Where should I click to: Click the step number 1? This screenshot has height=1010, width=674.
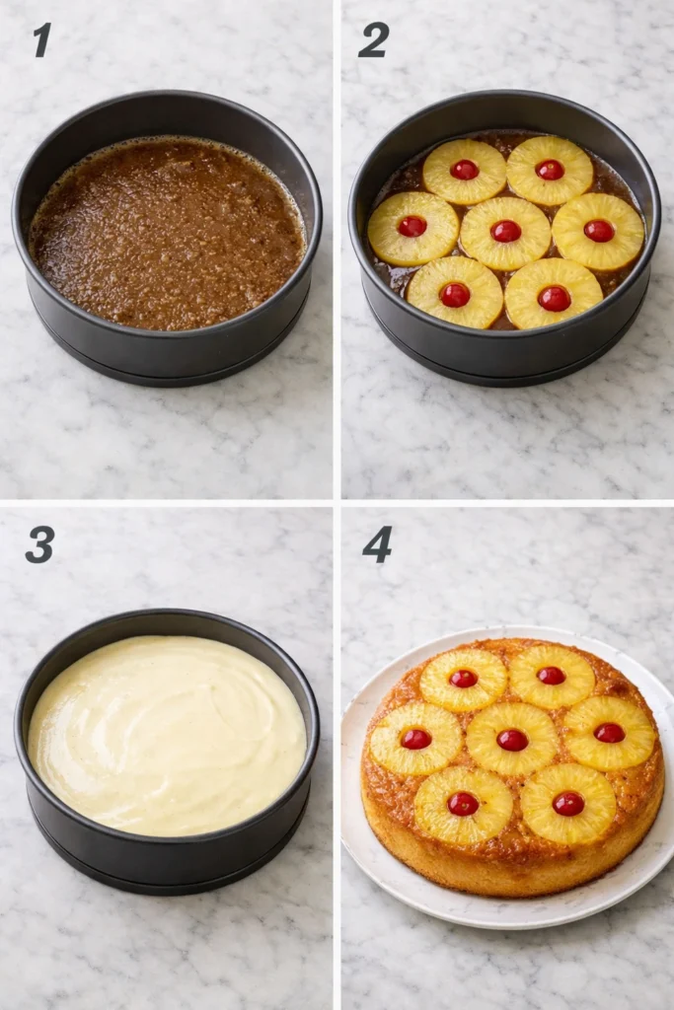41,39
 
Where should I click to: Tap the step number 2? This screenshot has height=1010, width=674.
373,39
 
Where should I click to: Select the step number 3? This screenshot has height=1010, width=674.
39,543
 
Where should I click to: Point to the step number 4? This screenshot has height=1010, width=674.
377,544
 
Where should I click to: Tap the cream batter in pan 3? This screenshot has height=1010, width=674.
166,735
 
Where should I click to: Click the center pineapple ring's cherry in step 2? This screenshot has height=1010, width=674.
506,231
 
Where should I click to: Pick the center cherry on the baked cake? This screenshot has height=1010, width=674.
512,740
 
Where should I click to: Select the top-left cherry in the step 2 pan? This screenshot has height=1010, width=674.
465,170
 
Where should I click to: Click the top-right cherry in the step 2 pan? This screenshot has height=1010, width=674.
550,170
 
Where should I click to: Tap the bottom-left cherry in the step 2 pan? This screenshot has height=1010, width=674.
455,294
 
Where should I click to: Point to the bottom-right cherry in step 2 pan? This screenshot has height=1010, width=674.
554,297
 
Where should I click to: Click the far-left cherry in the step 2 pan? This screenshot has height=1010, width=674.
412,226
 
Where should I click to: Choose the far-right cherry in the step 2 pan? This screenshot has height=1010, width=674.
599,231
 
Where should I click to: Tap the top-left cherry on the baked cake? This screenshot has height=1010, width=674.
464,678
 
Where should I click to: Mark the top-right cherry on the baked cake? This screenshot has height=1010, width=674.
552,676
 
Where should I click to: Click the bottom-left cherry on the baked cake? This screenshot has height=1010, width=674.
463,804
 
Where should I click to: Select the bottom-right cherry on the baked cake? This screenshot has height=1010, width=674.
568,804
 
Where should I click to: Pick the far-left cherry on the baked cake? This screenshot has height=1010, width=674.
415,739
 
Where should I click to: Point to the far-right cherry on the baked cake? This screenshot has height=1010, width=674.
610,733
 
